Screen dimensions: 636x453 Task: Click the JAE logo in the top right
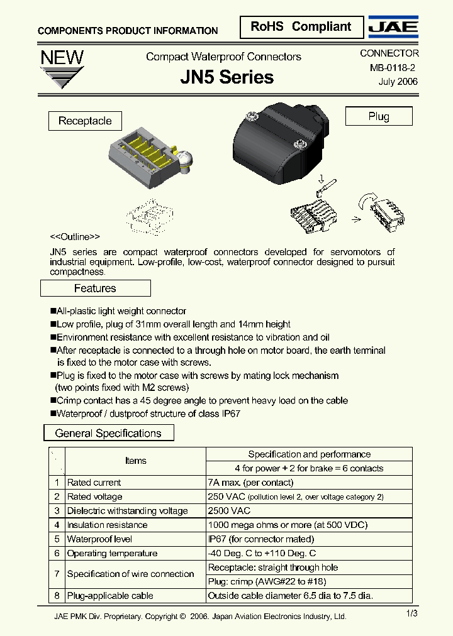coord(393,27)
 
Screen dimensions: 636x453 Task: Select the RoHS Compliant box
coord(301,27)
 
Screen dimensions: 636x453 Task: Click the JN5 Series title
coord(226,77)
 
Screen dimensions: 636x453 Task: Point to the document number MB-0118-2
coord(388,68)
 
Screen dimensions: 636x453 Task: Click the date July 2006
coord(398,82)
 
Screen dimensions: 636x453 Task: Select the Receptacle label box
coord(85,121)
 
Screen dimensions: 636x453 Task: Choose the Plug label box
coord(379,116)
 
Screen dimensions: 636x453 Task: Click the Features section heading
coord(95,288)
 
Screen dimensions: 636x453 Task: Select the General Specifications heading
coord(108,433)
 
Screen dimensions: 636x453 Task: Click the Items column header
coord(135,461)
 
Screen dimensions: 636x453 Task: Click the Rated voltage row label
coord(94,496)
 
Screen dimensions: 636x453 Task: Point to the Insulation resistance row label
coord(107,525)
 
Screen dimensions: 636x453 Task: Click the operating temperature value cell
coord(262,553)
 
